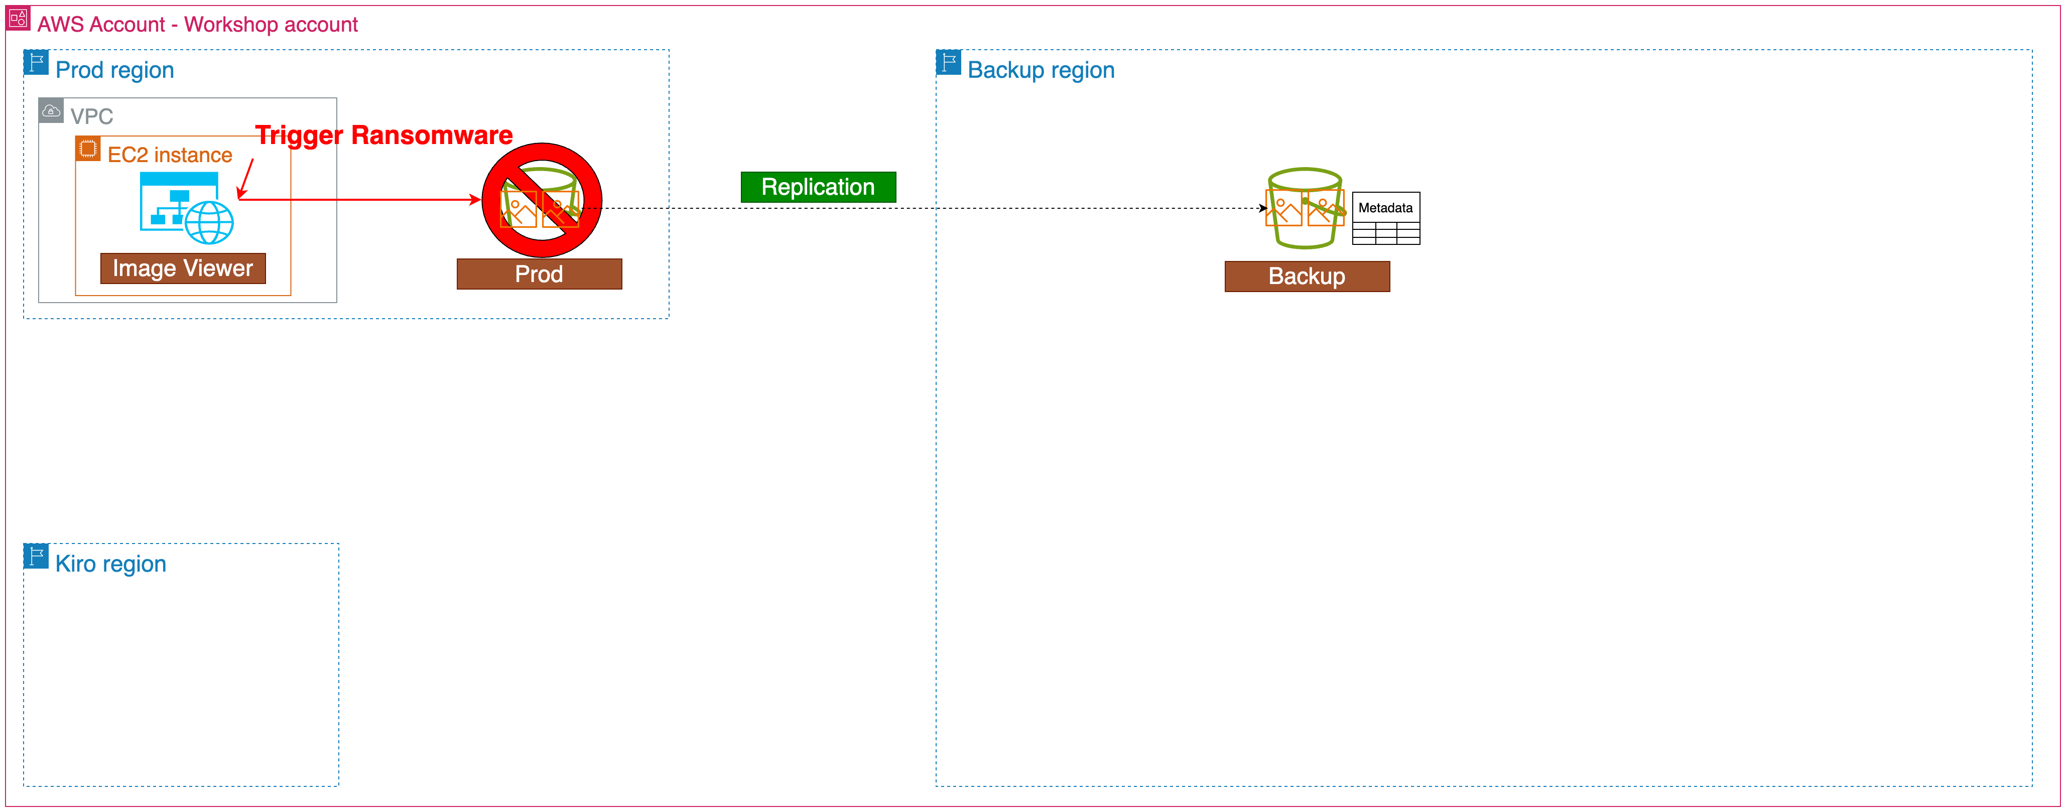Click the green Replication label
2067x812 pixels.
(x=818, y=187)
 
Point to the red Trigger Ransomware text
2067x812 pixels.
(x=383, y=136)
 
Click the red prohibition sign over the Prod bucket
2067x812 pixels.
(x=542, y=201)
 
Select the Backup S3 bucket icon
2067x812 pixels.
(x=1304, y=209)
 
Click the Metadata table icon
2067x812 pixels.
(x=1386, y=218)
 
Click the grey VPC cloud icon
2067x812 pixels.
(x=51, y=111)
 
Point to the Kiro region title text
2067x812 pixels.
(x=111, y=564)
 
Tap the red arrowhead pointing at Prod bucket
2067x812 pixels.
(x=475, y=200)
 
